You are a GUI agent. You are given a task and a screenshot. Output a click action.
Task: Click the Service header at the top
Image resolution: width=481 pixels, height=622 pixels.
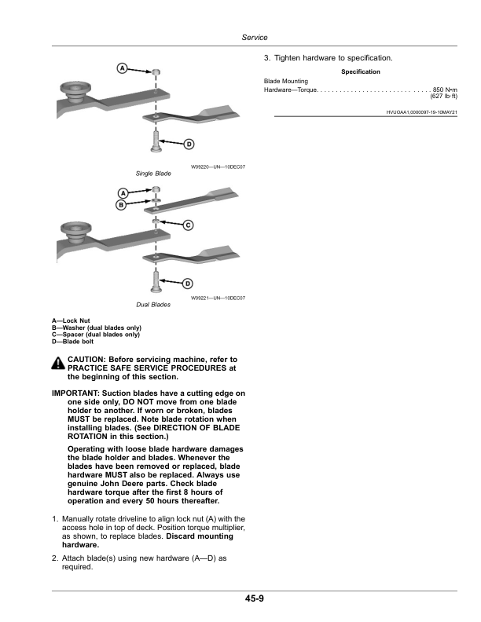point(254,38)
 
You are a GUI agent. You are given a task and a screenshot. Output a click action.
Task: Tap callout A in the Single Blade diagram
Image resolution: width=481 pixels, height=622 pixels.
point(123,68)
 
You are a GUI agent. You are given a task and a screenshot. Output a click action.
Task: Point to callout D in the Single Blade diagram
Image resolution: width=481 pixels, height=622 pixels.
point(189,144)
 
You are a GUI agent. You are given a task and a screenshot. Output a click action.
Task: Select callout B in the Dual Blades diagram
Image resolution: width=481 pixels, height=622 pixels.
point(122,205)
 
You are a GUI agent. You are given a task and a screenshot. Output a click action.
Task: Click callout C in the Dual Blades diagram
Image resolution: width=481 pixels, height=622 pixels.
point(188,225)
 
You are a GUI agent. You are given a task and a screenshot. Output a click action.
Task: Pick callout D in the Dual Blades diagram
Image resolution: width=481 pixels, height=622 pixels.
point(188,282)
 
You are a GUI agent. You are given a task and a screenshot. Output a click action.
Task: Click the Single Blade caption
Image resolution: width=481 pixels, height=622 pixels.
point(153,173)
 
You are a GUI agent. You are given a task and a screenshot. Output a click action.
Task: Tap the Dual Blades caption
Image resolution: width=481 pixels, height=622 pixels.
point(153,304)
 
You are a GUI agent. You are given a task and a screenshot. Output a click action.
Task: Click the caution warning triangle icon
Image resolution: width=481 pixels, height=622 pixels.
point(59,364)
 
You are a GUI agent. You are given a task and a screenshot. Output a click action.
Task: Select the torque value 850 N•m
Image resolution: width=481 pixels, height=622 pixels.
point(445,90)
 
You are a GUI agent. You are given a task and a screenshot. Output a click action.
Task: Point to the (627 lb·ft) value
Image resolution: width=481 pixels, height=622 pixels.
point(444,97)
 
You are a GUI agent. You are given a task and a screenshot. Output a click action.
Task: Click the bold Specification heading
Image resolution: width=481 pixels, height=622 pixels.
point(361,72)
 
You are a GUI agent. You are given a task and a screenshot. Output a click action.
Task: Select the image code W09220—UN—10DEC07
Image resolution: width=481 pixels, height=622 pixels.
point(218,166)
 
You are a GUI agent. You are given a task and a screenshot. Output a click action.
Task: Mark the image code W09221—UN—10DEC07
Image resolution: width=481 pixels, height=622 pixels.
point(218,298)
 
